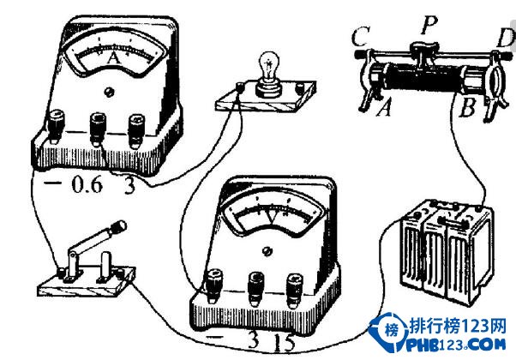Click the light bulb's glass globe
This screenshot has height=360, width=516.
(269, 63)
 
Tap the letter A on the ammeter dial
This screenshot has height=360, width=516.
(113, 59)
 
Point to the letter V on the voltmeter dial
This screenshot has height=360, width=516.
(273, 218)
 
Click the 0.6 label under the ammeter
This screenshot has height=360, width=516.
(87, 184)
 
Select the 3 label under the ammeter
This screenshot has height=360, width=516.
(129, 186)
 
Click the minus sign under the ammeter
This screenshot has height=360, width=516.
(52, 183)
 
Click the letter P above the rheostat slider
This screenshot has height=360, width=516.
(429, 26)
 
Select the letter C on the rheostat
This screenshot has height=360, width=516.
(361, 36)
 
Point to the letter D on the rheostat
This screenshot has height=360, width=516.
(506, 38)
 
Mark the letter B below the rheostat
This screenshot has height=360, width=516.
(467, 107)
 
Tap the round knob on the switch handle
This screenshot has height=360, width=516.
(119, 225)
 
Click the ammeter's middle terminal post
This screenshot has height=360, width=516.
(98, 128)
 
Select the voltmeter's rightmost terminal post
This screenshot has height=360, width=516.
(295, 289)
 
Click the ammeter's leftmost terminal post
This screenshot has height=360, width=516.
(55, 127)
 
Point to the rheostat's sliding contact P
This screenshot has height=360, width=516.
(423, 52)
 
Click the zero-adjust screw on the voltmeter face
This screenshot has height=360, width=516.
(267, 251)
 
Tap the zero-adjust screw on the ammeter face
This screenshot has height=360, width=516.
(109, 92)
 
